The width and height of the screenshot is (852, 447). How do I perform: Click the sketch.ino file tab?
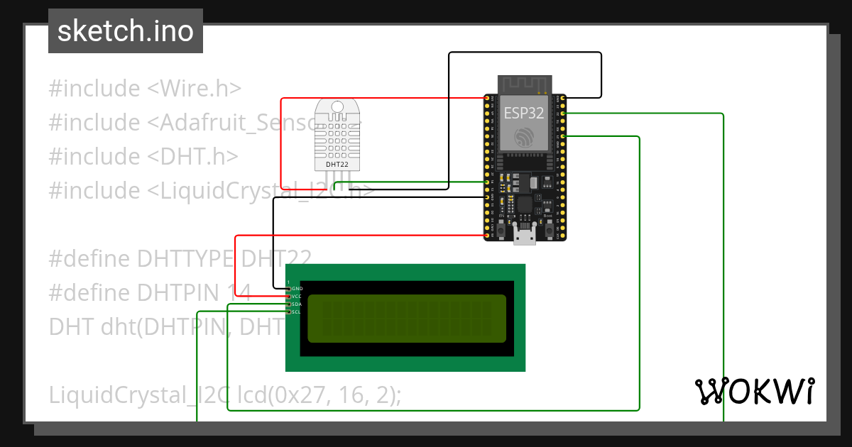tap(126, 31)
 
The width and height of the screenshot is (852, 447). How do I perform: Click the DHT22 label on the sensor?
tap(337, 165)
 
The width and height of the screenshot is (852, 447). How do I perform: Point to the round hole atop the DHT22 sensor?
tap(337, 107)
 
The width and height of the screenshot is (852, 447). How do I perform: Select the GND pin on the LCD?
tap(289, 289)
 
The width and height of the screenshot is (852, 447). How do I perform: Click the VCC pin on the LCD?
tap(289, 297)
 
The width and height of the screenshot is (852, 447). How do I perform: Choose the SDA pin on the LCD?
tap(289, 304)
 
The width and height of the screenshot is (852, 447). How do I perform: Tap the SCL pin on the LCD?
tap(289, 312)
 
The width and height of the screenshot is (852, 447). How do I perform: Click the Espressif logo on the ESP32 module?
tap(525, 137)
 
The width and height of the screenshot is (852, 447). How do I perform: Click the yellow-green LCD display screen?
tap(406, 318)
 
